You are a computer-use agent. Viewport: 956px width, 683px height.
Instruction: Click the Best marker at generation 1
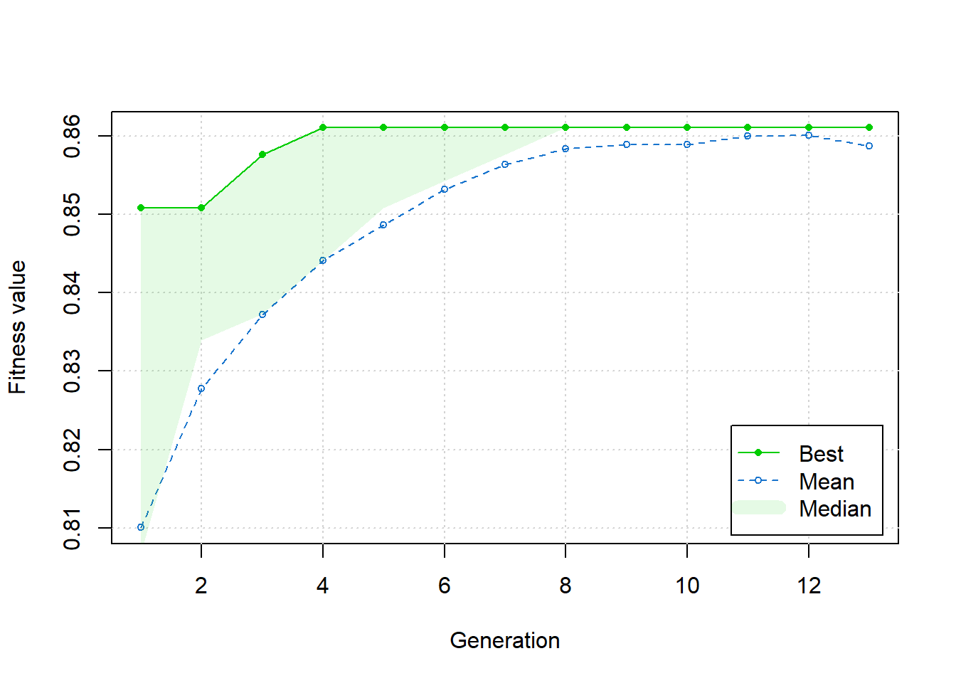pyautogui.click(x=141, y=208)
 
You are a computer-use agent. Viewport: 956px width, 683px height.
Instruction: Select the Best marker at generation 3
pyautogui.click(x=262, y=154)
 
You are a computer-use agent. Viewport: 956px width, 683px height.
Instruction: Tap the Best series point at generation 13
pyautogui.click(x=869, y=127)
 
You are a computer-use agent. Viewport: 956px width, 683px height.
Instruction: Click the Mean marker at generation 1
pyautogui.click(x=141, y=527)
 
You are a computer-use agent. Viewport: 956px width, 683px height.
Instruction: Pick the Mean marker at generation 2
pyautogui.click(x=201, y=389)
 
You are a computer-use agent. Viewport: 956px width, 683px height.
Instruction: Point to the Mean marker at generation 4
pyautogui.click(x=323, y=260)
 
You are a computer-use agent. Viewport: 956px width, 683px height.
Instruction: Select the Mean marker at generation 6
pyautogui.click(x=445, y=189)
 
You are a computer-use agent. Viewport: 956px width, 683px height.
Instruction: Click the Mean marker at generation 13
pyautogui.click(x=869, y=146)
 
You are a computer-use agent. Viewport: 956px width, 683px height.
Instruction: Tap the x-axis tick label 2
pyautogui.click(x=201, y=586)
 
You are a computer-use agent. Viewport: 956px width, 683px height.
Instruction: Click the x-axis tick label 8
pyautogui.click(x=565, y=586)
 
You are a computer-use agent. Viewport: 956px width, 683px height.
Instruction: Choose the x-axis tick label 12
pyautogui.click(x=809, y=586)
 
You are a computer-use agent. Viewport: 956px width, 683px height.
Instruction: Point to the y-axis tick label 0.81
pyautogui.click(x=73, y=529)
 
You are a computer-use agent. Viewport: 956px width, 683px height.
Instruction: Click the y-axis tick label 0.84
pyautogui.click(x=73, y=293)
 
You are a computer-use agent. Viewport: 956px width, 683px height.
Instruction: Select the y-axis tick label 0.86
pyautogui.click(x=73, y=136)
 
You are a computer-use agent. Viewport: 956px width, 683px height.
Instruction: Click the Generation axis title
pyautogui.click(x=505, y=640)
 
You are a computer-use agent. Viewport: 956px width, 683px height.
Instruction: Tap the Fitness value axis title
pyautogui.click(x=18, y=327)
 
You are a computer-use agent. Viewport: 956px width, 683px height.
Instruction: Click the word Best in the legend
pyautogui.click(x=821, y=454)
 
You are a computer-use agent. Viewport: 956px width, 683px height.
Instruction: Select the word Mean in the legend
pyautogui.click(x=826, y=482)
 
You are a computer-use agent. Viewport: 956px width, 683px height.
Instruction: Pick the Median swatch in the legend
pyautogui.click(x=758, y=508)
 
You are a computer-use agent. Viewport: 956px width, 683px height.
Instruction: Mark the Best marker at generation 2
pyautogui.click(x=201, y=208)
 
